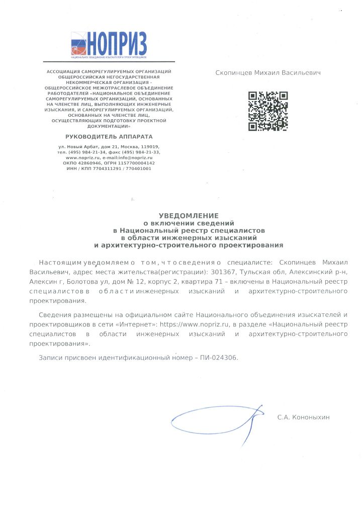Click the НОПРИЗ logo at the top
pos(109,43)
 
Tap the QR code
pos(268,111)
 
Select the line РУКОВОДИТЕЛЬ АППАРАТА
pos(109,136)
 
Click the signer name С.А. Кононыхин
pos(303,417)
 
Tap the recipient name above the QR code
pos(268,73)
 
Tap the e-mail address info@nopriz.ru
pos(130,157)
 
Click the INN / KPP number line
pos(109,168)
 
